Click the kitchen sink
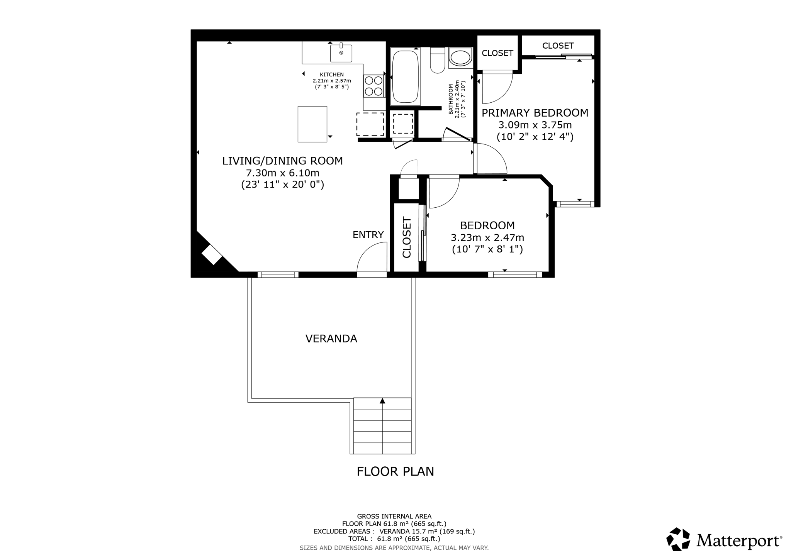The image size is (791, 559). tap(341, 53)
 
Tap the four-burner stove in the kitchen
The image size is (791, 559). tap(373, 86)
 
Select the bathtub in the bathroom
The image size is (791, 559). tap(405, 76)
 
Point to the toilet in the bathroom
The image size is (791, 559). tap(438, 60)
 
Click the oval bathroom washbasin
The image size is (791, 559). tap(460, 58)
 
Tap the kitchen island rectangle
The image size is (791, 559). tap(312, 124)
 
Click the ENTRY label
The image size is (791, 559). tap(368, 235)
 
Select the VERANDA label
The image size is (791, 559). tap(331, 339)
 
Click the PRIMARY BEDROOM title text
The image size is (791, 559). tap(535, 113)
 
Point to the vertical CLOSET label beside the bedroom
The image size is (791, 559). tap(407, 237)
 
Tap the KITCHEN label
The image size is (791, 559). tap(332, 75)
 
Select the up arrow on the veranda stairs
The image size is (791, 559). tap(382, 401)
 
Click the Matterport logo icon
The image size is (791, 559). tap(678, 539)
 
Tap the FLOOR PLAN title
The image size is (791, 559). tap(395, 471)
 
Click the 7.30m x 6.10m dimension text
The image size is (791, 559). tap(283, 173)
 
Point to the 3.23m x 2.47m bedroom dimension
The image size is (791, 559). tap(487, 237)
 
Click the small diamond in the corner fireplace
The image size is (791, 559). tap(212, 255)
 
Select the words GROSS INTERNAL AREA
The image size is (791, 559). tap(394, 516)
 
